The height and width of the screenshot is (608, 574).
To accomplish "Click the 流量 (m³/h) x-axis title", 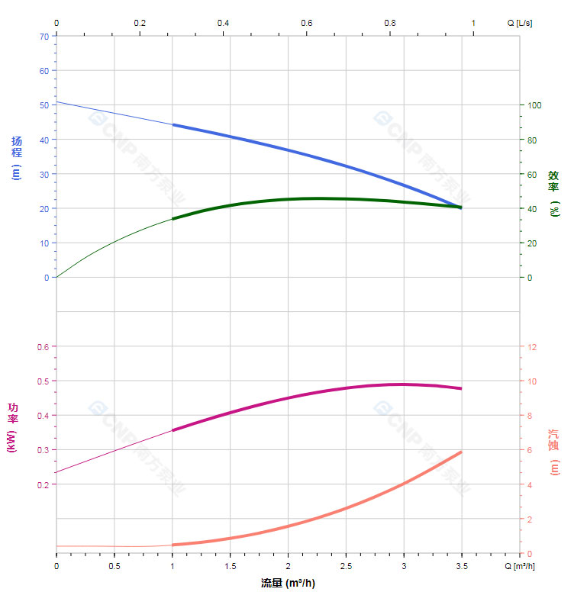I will pos(288,584).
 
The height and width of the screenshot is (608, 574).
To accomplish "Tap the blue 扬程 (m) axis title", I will pos(17,158).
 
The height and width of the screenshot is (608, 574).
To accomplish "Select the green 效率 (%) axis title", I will pos(554,193).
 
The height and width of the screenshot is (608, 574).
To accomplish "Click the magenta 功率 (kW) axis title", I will pos(13,428).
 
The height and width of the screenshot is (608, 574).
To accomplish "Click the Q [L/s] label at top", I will pos(520,23).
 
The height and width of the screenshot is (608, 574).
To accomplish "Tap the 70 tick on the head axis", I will pos(44,36).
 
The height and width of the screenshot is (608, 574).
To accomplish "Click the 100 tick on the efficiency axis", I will pos(535,105).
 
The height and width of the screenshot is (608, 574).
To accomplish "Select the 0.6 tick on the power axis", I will pos(42,347).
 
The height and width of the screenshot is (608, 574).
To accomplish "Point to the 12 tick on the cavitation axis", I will pos(533,347).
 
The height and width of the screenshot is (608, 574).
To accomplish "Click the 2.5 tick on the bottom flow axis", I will pos(346,567).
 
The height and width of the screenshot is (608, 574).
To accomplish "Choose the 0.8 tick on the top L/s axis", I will pos(389,23).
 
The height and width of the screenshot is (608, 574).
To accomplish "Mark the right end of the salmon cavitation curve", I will pos(461,452).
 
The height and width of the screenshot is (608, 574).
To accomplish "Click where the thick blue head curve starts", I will pos(173,124).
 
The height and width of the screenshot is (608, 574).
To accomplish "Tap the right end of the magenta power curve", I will pos(461,388).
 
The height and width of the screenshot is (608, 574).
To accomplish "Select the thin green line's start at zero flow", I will pos(56,278).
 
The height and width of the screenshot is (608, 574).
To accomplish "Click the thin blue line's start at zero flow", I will pos(56,101).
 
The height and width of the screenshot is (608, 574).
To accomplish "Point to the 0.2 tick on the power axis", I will pos(42,484).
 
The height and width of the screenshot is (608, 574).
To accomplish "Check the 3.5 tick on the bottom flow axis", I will pos(461,567).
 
